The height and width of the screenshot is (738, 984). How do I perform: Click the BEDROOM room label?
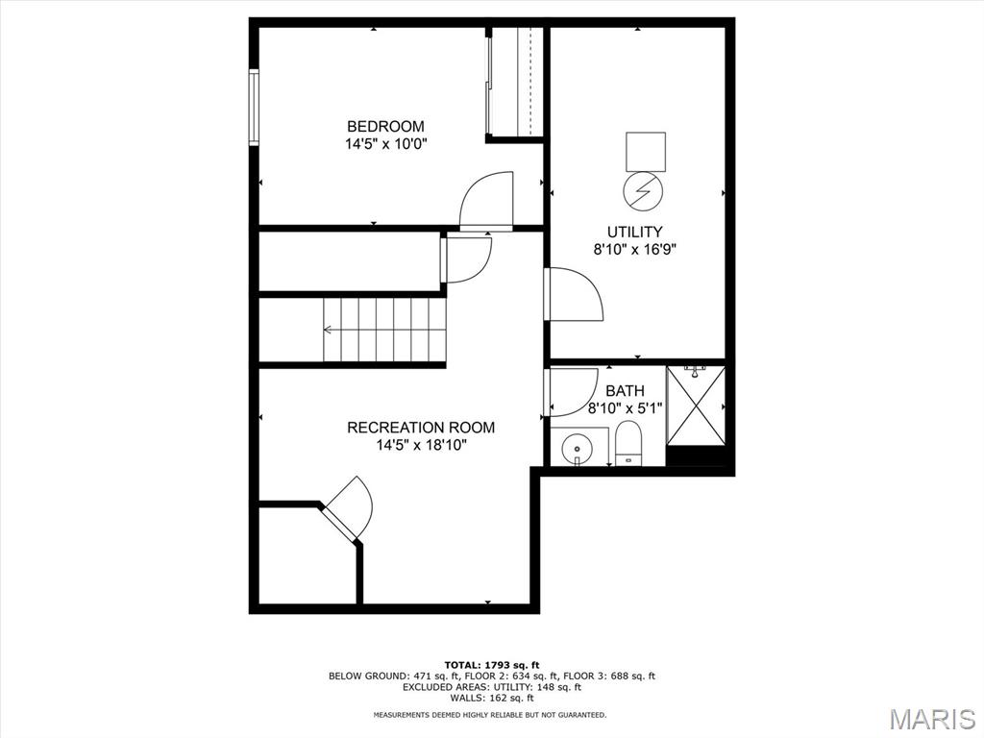coord(385,126)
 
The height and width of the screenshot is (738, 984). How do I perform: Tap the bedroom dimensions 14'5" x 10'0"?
coord(385,144)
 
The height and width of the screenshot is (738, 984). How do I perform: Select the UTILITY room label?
coord(634,232)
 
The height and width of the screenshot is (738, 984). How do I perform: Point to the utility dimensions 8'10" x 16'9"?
coord(634,250)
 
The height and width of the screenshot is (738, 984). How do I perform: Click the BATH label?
coord(625,391)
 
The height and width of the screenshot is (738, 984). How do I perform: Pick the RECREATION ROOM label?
coord(421,428)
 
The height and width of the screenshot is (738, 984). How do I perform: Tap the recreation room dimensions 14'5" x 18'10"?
coord(421,446)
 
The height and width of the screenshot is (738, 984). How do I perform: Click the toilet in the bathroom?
coord(627,444)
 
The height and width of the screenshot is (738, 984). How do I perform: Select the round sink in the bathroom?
coord(578,449)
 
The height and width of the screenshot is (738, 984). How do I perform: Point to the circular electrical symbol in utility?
coord(645,191)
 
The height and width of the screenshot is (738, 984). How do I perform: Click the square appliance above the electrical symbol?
coord(645,151)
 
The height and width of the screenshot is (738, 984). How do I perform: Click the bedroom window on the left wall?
coord(254,108)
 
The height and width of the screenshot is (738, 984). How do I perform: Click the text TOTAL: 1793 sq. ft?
coord(491,665)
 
